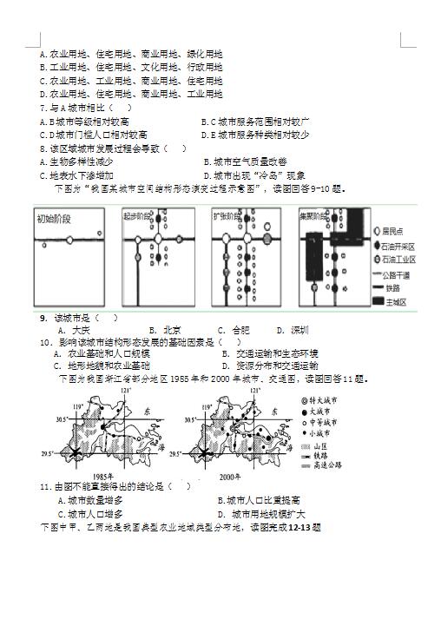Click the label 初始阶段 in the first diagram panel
click(x=55, y=218)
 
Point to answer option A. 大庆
click(x=73, y=330)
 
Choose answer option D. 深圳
click(x=292, y=330)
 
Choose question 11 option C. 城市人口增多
click(x=89, y=513)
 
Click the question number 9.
click(x=43, y=318)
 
